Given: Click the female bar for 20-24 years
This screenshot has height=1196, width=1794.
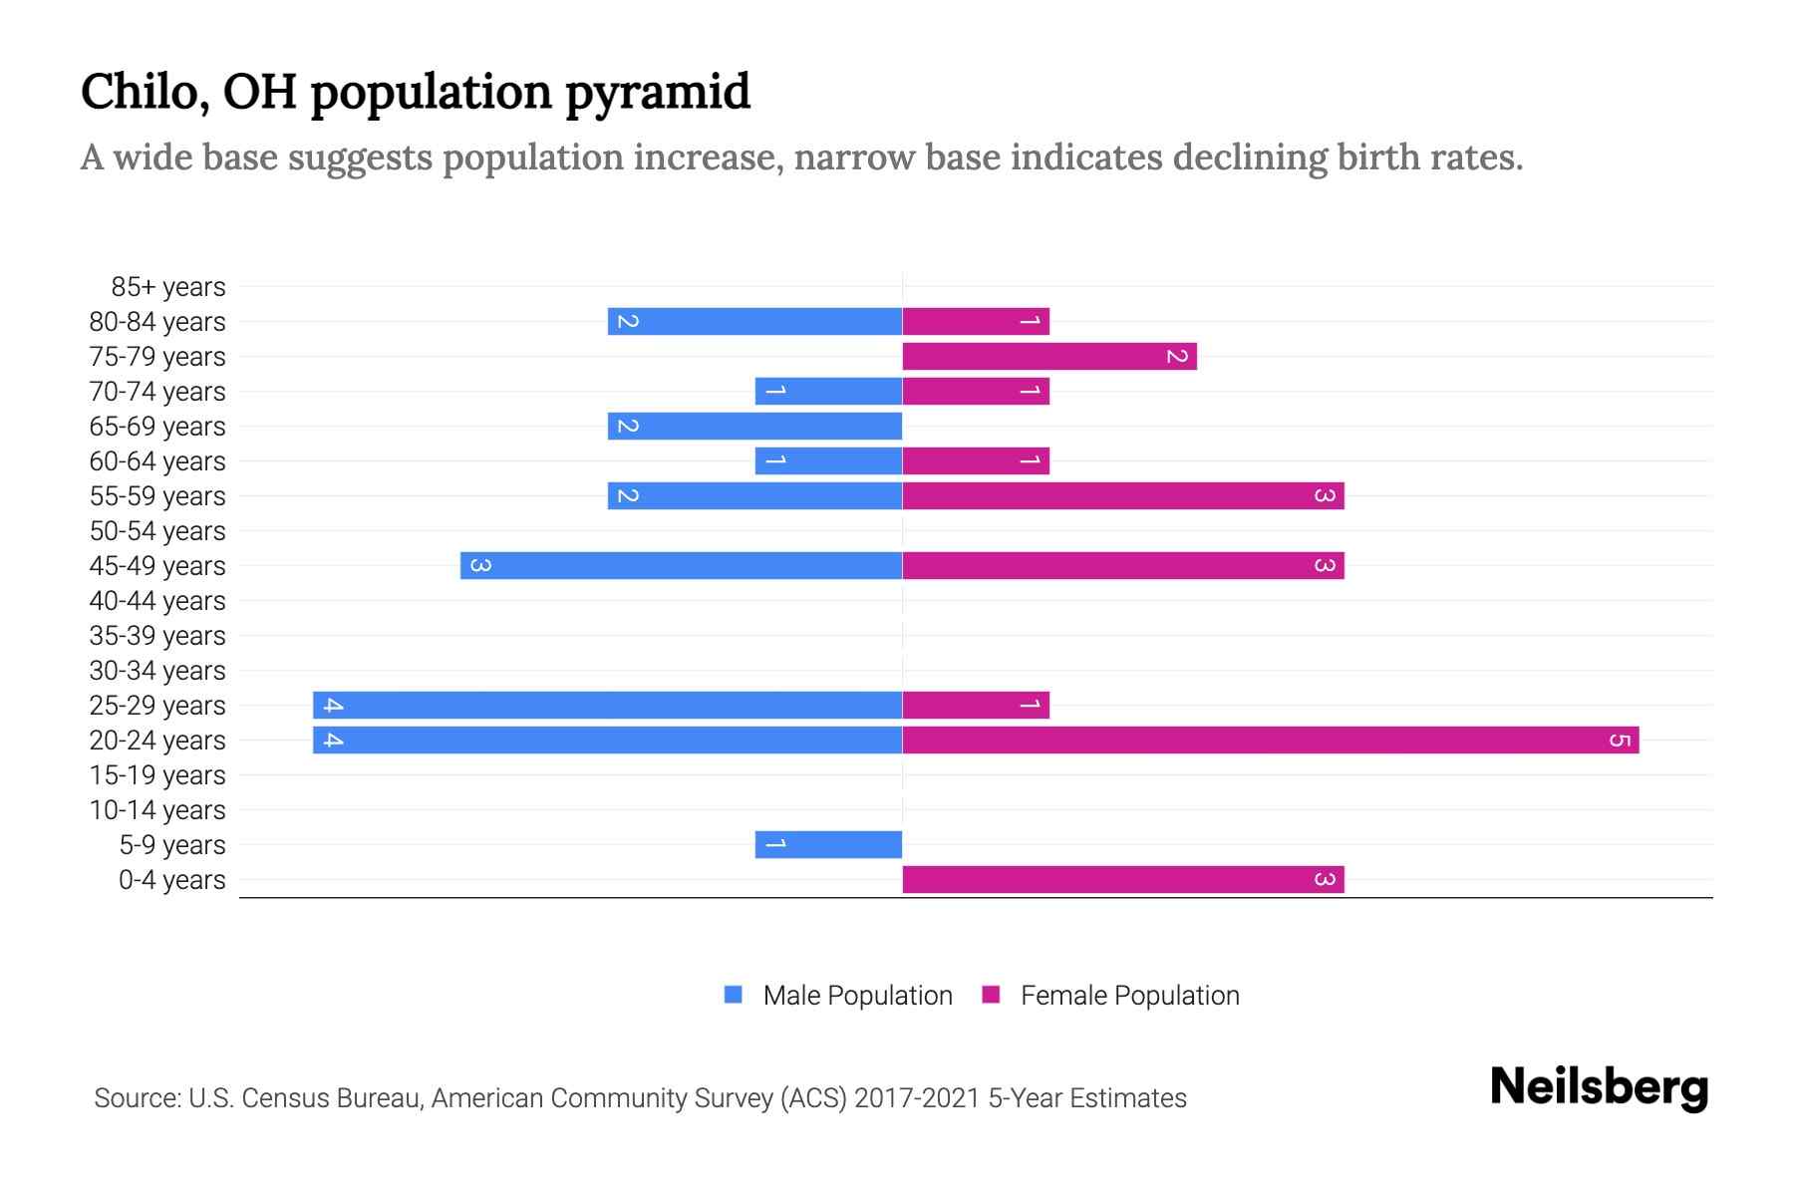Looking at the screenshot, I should pos(1271,741).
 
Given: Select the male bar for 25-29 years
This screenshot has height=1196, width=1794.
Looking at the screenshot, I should pos(608,706).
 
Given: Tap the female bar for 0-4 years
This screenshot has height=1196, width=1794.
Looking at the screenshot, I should pos(1123,880).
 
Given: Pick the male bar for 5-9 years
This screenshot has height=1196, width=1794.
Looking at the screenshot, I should pos(828,845).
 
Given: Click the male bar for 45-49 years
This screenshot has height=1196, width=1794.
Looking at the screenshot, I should pos(681,566).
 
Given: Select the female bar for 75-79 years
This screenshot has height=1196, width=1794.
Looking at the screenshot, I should pos(1049,357).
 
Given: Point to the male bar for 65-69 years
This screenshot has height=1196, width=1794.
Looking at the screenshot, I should pos(754,427).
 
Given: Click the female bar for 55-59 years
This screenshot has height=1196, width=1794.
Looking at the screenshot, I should pos(1123,496).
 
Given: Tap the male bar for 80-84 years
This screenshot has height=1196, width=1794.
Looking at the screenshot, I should pos(754,322).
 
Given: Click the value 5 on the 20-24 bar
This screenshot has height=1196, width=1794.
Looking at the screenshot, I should pos(1620,741).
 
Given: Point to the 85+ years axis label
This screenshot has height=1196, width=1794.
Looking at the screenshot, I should pos(167,287).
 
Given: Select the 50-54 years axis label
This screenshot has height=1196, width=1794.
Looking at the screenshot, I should pos(157,531).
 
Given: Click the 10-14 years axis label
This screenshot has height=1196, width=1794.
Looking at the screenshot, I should pos(157,810).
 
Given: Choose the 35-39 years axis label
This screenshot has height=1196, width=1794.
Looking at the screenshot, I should pos(157,636).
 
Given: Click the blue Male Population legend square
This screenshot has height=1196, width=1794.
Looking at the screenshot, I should pos(734,995).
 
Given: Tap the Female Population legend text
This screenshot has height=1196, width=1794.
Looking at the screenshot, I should pos(1129,996).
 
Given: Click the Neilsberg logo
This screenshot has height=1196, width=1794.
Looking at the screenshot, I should pos(1599,1087).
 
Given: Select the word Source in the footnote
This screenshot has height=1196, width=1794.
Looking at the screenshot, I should pos(137,1098).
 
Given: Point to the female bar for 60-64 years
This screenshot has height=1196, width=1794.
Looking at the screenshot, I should pos(976,461).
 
